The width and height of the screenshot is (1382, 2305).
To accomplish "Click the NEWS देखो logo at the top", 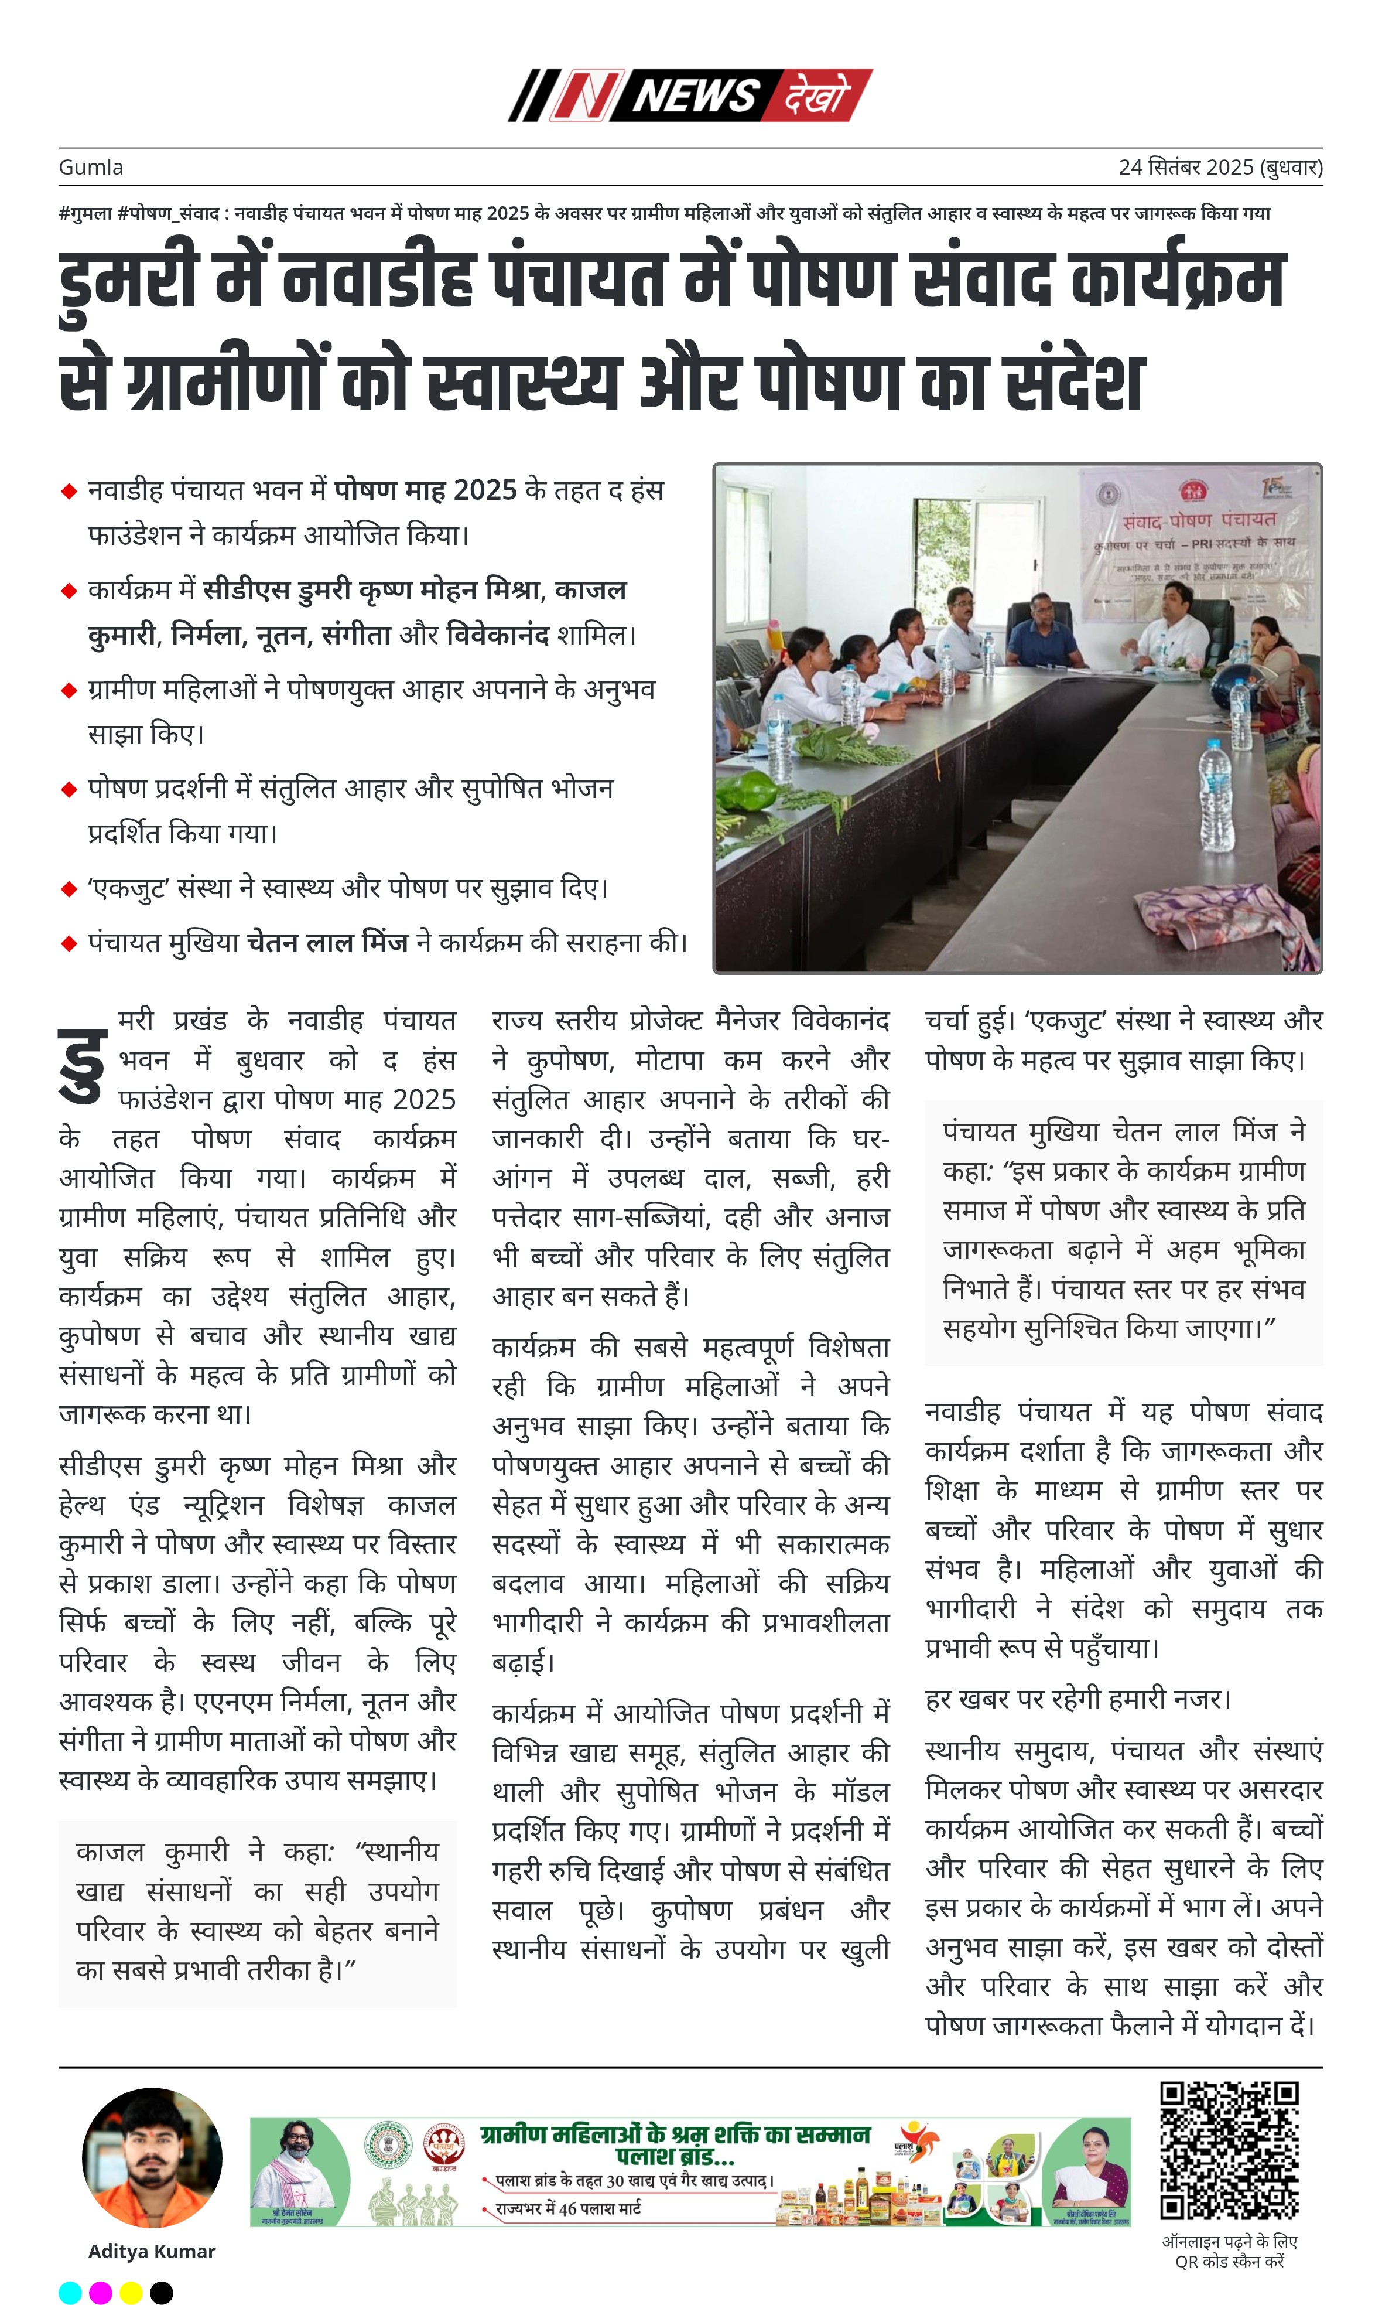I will point(690,95).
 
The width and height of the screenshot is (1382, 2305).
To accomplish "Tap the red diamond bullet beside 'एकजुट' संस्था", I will point(68,889).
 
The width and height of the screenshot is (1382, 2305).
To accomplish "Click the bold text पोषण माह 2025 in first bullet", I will point(425,490).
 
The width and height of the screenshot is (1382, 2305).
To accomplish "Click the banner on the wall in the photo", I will point(1197,540).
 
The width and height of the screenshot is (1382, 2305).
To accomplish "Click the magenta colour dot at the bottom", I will point(101,2293).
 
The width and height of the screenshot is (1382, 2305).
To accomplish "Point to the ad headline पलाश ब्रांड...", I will point(675,2156).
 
